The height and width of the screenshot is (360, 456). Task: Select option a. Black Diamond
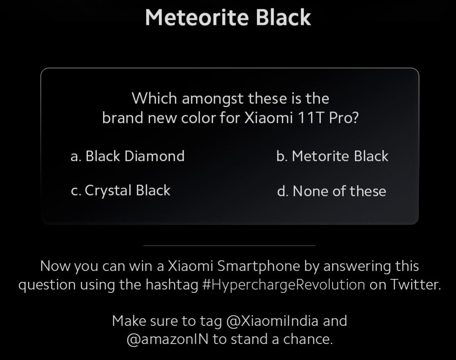tap(128, 156)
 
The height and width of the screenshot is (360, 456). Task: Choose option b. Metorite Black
tap(332, 156)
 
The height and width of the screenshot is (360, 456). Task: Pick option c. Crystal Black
tap(120, 191)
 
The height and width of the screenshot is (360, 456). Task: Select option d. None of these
tap(331, 191)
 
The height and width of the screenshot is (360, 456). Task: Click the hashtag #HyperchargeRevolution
tap(284, 285)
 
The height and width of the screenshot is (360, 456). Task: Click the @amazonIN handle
tap(168, 340)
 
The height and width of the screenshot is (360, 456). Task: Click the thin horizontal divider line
tap(229, 245)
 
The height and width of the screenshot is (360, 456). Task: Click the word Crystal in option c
tap(108, 191)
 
